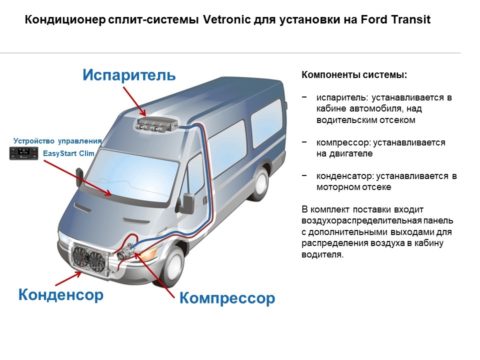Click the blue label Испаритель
(x=129, y=75)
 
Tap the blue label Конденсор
(x=61, y=294)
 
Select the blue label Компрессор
(x=227, y=298)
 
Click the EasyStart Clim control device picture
(x=24, y=153)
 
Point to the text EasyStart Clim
(x=68, y=153)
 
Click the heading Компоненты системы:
(x=354, y=74)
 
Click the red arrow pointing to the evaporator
(x=135, y=101)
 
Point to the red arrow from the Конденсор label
(x=68, y=278)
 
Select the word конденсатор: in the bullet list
(x=345, y=176)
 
